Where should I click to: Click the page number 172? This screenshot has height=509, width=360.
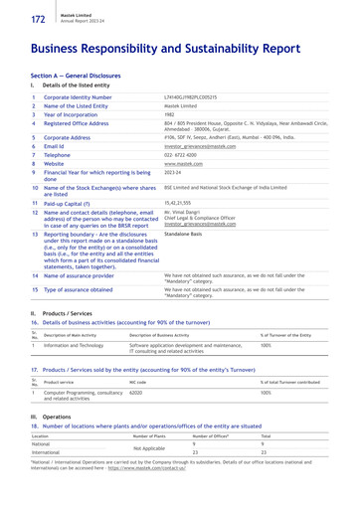17,18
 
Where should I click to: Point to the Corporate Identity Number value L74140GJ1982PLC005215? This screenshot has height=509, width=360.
193,96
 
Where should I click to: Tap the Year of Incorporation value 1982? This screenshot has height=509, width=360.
170,114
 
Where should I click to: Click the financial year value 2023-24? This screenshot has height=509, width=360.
176,173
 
